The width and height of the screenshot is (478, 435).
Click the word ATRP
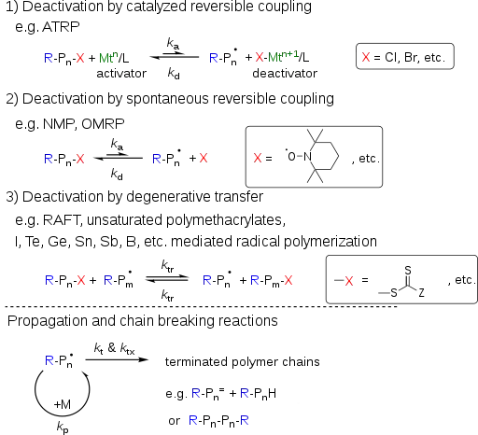(61, 27)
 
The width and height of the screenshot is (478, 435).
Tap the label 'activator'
(121, 74)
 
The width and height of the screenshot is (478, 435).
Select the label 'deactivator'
(285, 74)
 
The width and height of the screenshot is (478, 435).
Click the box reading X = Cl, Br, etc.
(405, 56)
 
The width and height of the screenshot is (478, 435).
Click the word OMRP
(103, 124)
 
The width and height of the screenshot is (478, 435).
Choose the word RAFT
(63, 220)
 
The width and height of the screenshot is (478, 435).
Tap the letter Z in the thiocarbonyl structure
(421, 292)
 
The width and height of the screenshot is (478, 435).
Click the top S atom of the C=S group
(408, 270)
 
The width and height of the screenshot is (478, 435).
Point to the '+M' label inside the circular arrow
(63, 404)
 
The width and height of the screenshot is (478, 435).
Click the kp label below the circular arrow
(63, 427)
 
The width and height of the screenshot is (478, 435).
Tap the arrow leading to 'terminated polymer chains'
(117, 359)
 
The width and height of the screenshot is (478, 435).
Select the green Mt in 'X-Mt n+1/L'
(274, 57)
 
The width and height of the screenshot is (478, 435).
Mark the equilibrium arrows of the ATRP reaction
(175, 56)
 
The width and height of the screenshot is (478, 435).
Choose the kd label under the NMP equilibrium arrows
(117, 175)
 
